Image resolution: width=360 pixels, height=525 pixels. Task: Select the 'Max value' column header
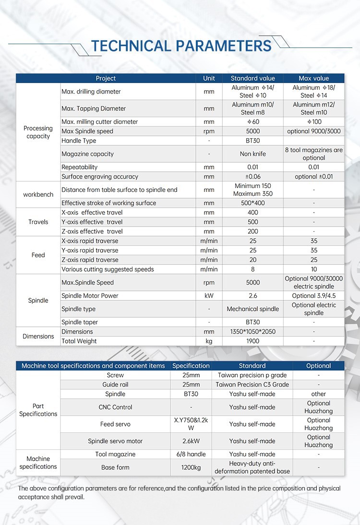(314, 78)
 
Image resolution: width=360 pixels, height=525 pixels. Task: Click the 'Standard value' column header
(252, 78)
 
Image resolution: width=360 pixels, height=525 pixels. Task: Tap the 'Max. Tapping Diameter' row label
(94, 108)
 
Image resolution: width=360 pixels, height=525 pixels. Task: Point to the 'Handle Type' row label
(79, 141)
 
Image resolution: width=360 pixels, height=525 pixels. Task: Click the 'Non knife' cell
(252, 154)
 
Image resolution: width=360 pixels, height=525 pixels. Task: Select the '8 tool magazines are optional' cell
(314, 154)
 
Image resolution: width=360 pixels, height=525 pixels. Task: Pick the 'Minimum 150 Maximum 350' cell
(252, 190)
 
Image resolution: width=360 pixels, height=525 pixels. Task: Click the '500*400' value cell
(252, 203)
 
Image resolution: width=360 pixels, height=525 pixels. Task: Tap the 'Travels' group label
(38, 222)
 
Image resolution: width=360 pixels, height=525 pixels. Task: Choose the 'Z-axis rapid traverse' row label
(90, 260)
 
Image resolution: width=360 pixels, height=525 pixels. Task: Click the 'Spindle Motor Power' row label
(90, 296)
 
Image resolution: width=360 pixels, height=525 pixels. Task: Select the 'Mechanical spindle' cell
(252, 309)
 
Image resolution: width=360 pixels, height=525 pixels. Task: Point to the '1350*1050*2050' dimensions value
(252, 332)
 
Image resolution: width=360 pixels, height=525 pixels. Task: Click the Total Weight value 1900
(252, 341)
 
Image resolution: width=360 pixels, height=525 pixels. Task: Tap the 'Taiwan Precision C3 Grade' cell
(252, 384)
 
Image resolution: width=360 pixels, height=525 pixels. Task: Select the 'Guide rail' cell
(115, 384)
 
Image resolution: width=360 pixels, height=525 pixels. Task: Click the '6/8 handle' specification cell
(191, 454)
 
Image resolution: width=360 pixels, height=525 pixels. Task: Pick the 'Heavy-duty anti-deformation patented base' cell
(252, 467)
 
